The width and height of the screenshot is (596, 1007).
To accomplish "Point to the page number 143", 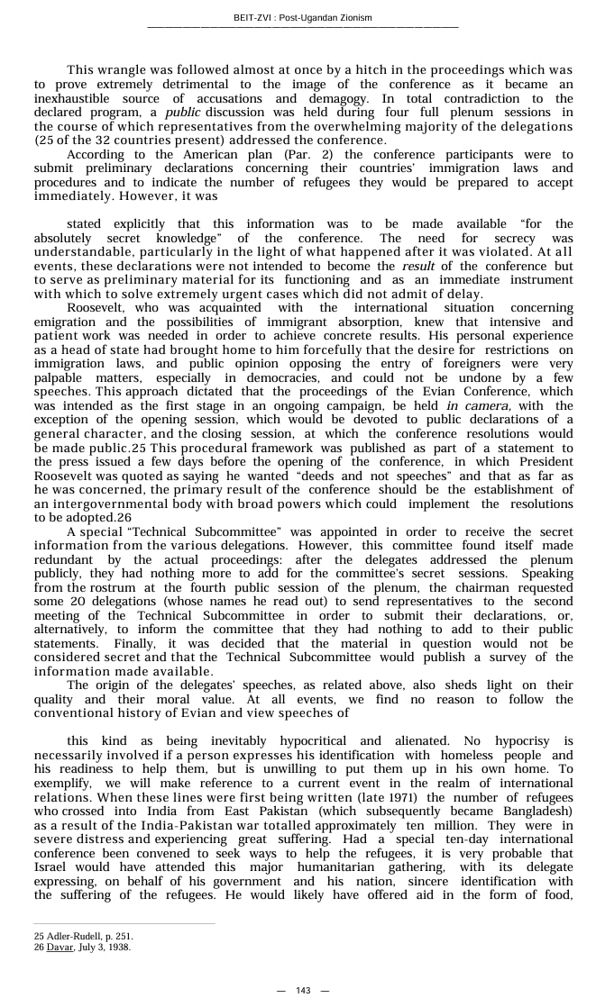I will click(x=303, y=991).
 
